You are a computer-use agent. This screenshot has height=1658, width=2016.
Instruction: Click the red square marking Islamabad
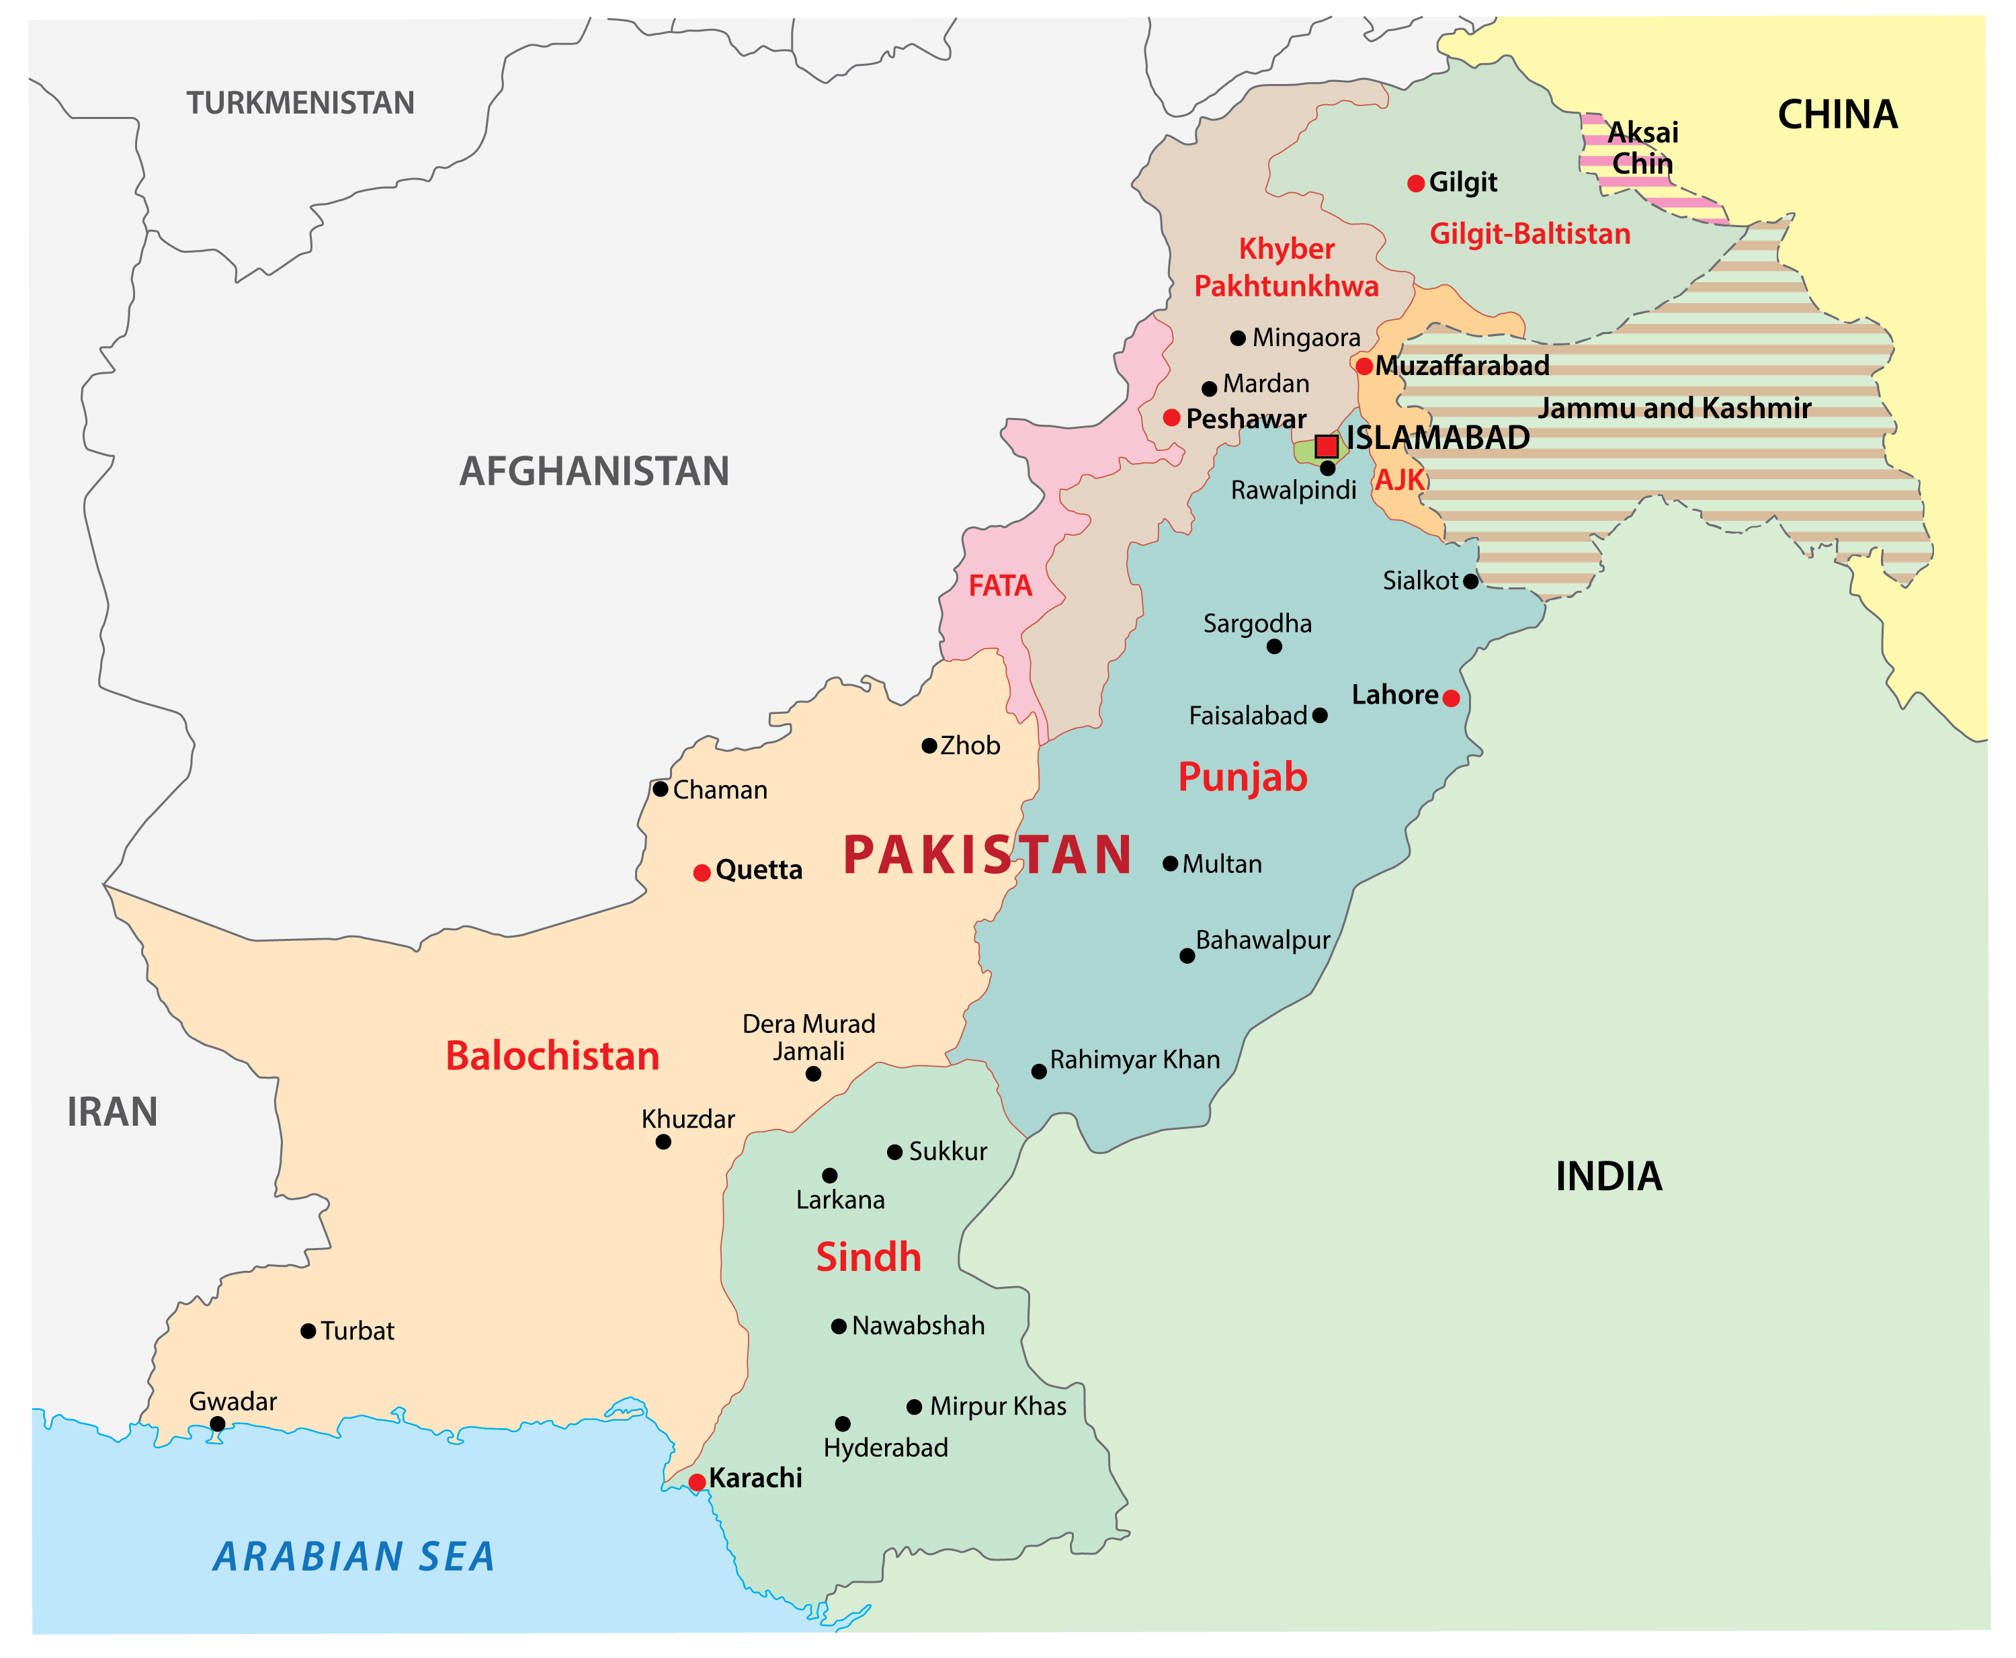1326,446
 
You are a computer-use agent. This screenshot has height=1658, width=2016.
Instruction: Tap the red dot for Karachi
697,1483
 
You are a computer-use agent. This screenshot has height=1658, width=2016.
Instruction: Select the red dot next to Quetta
702,873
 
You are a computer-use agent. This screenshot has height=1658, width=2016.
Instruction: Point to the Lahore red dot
1451,698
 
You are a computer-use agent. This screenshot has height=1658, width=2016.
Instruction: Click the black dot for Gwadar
218,1424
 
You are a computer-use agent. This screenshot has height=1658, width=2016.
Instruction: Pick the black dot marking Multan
1170,864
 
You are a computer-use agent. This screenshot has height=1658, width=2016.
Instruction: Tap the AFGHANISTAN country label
594,472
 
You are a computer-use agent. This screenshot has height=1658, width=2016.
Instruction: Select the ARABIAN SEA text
353,1557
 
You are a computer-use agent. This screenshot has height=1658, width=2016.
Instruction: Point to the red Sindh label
868,1257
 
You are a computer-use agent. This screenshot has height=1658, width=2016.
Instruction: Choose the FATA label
1000,585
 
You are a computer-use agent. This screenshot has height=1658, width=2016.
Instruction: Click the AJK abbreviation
1399,481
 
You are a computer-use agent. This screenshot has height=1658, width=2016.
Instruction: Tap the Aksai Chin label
1642,148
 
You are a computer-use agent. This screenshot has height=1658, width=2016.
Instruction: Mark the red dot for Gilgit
1417,183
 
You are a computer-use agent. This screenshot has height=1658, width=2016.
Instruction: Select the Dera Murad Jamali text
809,1037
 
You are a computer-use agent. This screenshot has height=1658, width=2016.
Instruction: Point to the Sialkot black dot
1471,581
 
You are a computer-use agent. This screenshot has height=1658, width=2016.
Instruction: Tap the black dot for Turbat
308,1331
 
